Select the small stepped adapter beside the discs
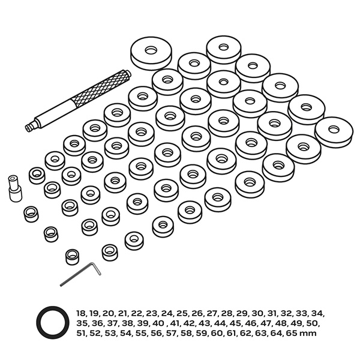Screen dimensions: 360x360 pos(15,189)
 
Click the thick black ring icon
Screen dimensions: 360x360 pos(53,323)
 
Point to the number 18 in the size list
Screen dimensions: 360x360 pos(82,313)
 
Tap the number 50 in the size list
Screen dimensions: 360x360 pos(313,323)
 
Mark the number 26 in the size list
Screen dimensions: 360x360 pos(197,313)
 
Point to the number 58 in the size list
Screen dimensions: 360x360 pos(186,333)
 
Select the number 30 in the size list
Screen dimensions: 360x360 pos(257,313)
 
